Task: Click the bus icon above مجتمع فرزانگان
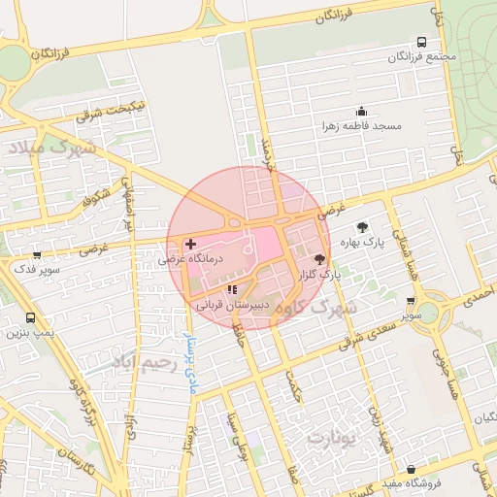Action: point(421,42)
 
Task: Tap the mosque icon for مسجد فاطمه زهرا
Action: point(362,111)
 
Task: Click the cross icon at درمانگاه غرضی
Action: point(190,243)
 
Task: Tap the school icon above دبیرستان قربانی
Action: point(231,289)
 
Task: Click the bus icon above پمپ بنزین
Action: point(30,317)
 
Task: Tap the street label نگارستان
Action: point(73,460)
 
